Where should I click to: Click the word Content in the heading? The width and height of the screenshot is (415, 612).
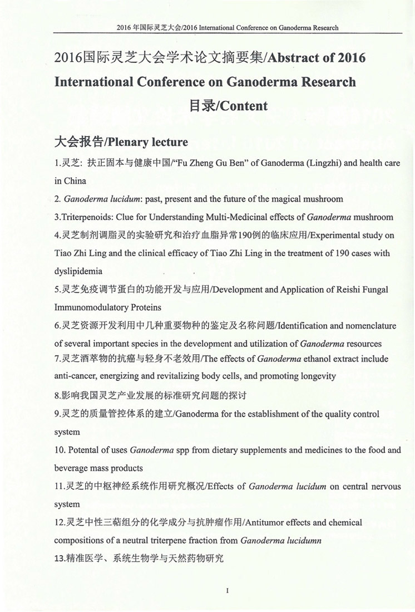click(244, 106)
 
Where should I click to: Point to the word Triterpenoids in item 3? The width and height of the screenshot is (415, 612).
click(86, 217)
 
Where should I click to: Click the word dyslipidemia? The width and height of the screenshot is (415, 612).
click(78, 271)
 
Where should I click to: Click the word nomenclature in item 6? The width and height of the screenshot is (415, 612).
click(370, 326)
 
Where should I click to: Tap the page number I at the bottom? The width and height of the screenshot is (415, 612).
click(228, 590)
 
